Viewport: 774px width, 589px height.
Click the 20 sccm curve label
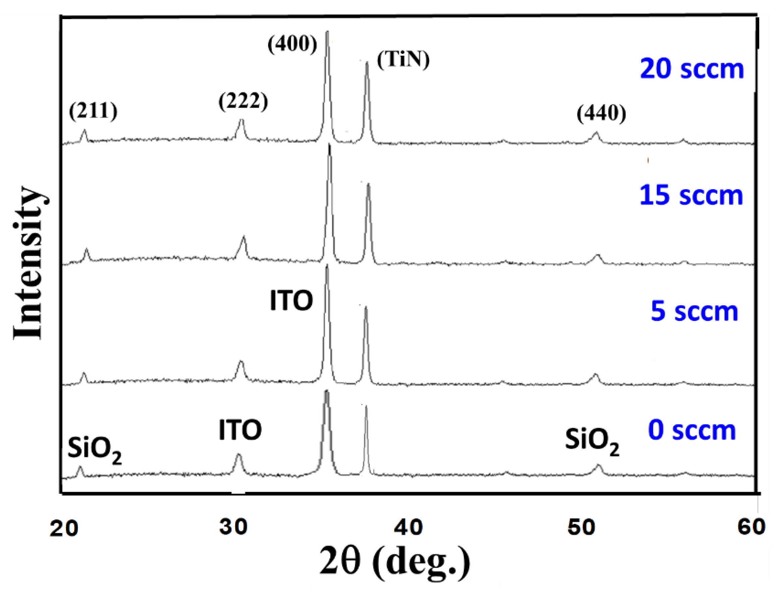(691, 69)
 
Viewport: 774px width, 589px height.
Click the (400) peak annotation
(292, 45)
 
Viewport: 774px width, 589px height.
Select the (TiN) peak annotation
(403, 60)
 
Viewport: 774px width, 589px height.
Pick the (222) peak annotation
(243, 102)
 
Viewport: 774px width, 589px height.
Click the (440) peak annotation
(601, 114)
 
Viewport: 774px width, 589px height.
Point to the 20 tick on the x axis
(63, 528)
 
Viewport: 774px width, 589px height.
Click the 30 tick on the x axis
(233, 526)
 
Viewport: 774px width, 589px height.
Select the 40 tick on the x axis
(408, 527)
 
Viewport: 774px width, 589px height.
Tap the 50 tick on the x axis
(581, 527)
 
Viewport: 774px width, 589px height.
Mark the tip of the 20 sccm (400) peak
(327, 32)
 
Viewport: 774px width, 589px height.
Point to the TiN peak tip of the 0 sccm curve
(366, 406)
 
